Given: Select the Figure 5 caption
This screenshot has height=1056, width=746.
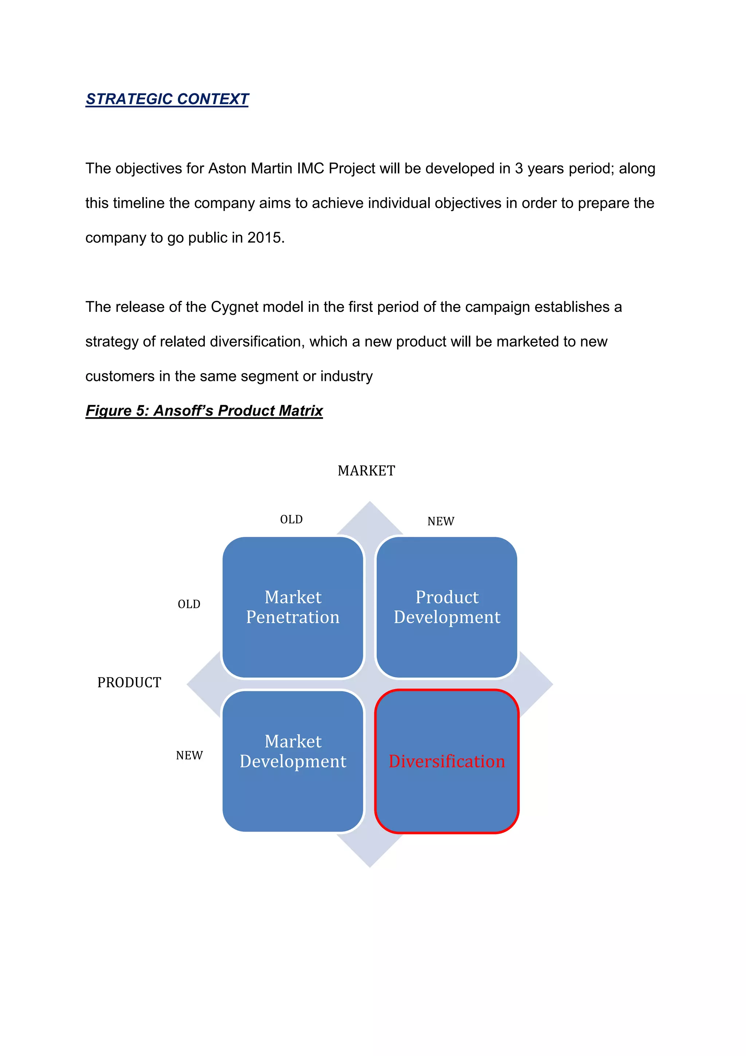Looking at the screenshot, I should click(x=204, y=410).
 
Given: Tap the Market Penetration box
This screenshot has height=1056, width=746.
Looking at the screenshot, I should click(x=293, y=607).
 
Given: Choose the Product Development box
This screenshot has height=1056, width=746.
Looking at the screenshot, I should click(x=447, y=607).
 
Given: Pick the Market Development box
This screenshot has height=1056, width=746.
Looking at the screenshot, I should click(x=293, y=761).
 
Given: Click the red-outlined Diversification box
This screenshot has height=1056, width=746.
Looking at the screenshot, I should click(x=447, y=761).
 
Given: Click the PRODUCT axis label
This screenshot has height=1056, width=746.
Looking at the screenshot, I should click(x=129, y=683).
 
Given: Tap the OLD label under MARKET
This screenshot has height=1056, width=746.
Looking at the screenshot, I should click(x=291, y=519).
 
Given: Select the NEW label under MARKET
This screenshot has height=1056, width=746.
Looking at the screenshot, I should click(x=441, y=521).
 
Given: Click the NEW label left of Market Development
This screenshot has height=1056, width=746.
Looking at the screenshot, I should click(x=189, y=755).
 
